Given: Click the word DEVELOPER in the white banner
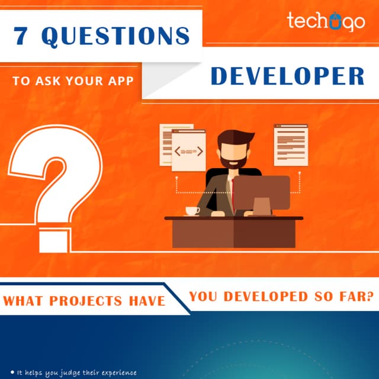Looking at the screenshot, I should pos(287,77).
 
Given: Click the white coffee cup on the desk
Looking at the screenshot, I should pos(192,211).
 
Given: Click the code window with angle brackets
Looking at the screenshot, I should pos(188,151).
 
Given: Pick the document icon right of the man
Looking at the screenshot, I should pos(291,144).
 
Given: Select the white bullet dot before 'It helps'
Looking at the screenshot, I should pos(12,372).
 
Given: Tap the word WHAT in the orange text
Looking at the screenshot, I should pos(23,301).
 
